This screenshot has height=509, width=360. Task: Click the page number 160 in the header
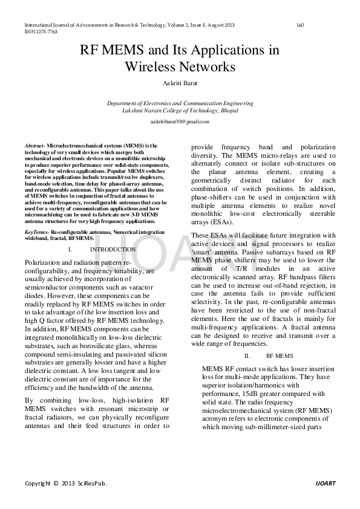tap(300, 25)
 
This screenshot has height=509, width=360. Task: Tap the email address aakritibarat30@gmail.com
tap(180, 122)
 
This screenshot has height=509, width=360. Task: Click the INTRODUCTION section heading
tap(113, 250)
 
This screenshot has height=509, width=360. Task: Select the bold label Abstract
tap(34, 146)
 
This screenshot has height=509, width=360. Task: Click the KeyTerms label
tap(36, 232)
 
